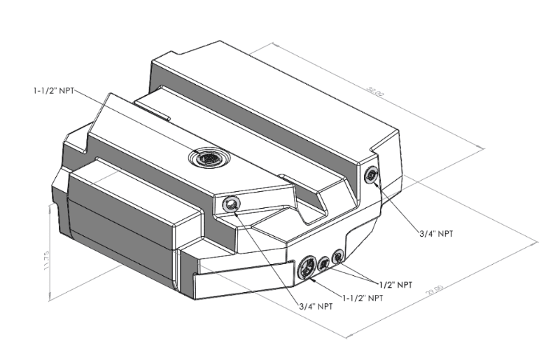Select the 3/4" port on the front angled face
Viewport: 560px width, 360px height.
coord(230,205)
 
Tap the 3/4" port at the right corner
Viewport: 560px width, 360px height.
coord(371,176)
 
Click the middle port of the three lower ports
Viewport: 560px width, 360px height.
coord(325,264)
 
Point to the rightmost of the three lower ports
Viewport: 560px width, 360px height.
coord(339,256)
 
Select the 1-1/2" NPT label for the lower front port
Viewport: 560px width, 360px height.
coord(363,298)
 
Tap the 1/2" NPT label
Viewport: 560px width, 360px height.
coord(395,285)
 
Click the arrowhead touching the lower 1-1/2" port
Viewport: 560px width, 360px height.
coord(313,279)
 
